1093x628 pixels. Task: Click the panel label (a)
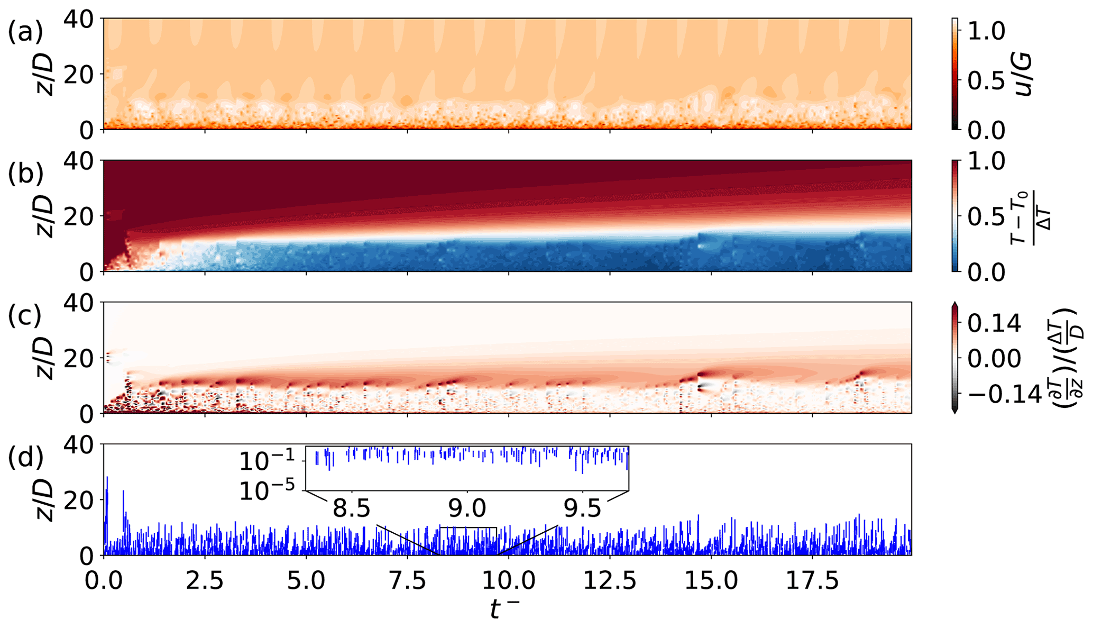pos(25,32)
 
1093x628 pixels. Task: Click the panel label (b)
pos(25,174)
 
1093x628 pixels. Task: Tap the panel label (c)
pos(25,316)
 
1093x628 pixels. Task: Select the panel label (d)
pos(25,458)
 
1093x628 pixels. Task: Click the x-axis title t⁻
pos(504,610)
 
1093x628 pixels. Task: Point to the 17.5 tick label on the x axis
pos(812,581)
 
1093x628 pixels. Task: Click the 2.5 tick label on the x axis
pos(205,581)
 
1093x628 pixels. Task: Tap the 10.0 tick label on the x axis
pos(508,581)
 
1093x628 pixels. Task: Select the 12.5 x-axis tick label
pos(610,581)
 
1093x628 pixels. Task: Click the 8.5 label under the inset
pos(352,508)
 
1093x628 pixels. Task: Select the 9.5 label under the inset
pos(582,508)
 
